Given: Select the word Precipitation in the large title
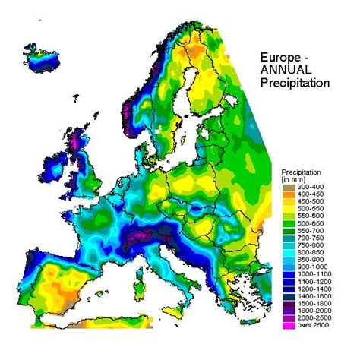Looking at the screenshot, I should (x=293, y=82).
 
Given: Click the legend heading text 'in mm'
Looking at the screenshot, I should (x=292, y=178).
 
